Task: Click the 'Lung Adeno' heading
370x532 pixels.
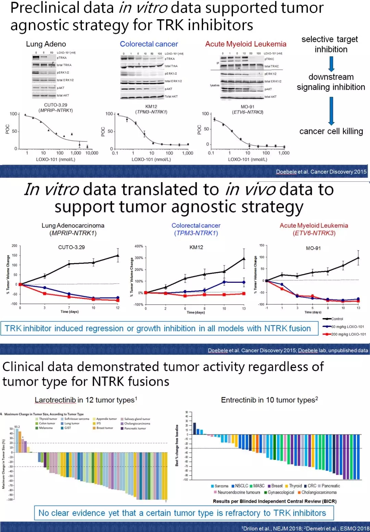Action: point(46,44)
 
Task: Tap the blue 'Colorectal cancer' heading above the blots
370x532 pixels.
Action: point(149,44)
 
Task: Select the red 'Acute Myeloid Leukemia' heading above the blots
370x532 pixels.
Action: point(246,44)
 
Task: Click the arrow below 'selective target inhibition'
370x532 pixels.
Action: point(331,64)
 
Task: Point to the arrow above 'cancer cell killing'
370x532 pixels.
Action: point(331,111)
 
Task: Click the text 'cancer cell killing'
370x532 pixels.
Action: point(331,131)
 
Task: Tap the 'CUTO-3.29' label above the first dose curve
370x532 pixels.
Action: point(56,105)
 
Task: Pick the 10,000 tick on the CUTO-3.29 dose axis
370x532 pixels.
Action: point(91,153)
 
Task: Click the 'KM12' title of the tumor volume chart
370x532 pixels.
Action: point(196,247)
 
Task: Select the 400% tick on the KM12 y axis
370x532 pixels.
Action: point(139,246)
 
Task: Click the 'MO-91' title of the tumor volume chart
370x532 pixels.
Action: point(313,248)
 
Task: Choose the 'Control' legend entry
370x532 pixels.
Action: point(337,319)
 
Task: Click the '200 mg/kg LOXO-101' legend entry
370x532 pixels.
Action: point(348,334)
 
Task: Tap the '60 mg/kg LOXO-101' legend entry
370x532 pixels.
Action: point(347,327)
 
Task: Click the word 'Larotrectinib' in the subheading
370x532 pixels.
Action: point(55,400)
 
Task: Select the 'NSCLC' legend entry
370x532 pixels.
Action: point(242,486)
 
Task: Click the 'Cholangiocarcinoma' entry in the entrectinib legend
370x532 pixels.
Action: point(319,492)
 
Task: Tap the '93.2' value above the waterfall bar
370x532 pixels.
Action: point(17,427)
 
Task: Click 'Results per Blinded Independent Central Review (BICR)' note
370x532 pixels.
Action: point(274,501)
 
